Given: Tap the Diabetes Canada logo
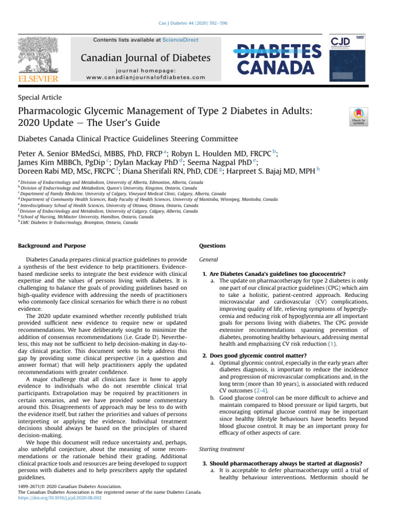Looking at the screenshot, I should [279, 58].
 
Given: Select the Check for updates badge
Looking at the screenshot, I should [358, 117].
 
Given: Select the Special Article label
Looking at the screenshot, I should [40, 97].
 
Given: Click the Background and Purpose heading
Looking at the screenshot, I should [52, 246].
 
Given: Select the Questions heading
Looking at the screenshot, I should [212, 246].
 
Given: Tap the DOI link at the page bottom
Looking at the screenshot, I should [52, 497].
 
